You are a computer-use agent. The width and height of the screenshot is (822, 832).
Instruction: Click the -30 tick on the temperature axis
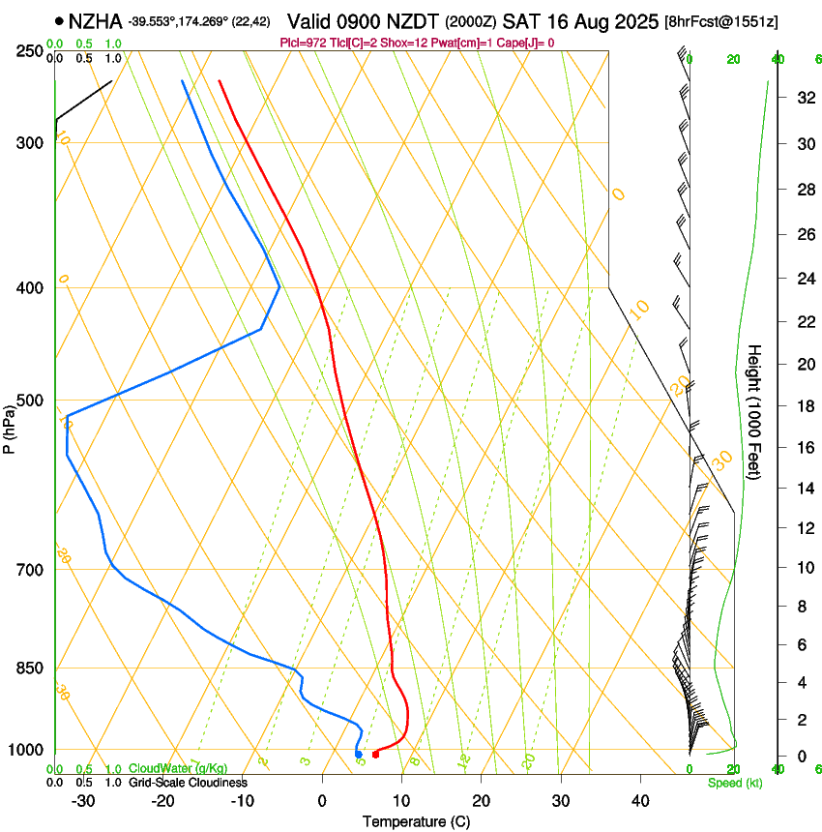point(83,800)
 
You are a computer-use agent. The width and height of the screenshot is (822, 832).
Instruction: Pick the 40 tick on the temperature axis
point(639,800)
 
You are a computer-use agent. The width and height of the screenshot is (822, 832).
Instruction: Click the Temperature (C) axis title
point(416,821)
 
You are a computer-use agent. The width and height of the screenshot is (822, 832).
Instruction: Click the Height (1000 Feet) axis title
point(755,412)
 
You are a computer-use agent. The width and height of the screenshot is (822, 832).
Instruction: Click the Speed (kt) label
point(734,782)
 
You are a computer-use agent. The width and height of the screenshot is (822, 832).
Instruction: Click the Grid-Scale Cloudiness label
point(188,782)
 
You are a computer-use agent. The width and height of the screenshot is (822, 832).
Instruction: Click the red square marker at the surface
point(376,754)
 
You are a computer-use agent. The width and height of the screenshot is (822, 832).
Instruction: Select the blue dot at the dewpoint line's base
point(358,755)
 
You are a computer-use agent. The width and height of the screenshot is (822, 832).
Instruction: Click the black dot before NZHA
point(60,20)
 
